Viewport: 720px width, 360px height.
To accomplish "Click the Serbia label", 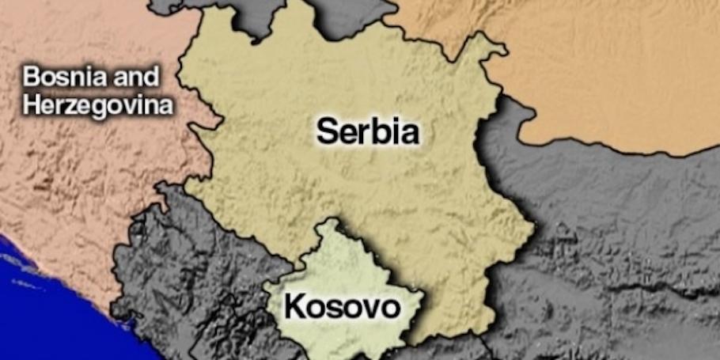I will coord(368,131).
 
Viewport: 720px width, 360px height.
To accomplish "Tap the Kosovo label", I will coord(342,306).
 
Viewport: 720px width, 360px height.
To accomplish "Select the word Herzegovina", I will coord(97,106).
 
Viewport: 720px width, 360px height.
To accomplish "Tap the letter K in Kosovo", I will coord(294,306).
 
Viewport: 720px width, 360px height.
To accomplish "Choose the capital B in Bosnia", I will coord(31,78).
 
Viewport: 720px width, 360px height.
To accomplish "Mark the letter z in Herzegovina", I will coord(78,107).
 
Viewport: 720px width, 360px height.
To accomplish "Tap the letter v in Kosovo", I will coord(369,308).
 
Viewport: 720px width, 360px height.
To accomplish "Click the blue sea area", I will coord(32,309).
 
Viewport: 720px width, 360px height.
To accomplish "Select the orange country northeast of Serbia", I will coord(601,71).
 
